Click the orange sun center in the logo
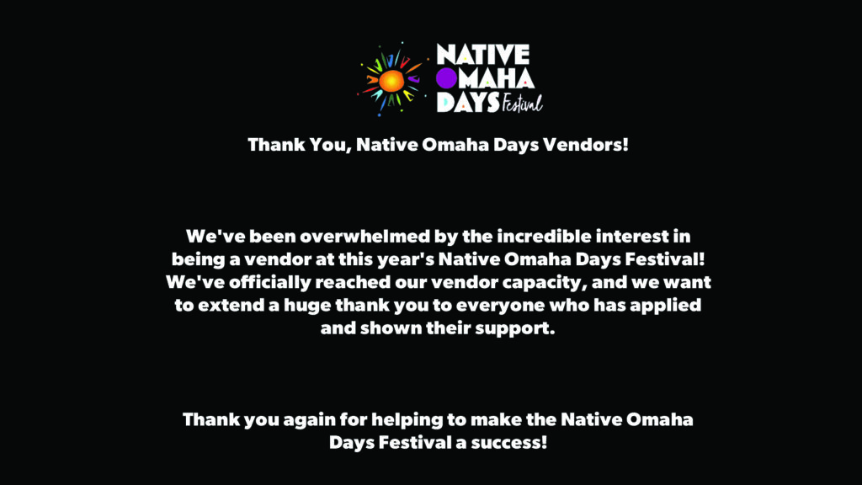pyautogui.click(x=391, y=81)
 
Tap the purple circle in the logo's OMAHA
pyautogui.click(x=448, y=78)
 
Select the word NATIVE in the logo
pyautogui.click(x=482, y=55)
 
